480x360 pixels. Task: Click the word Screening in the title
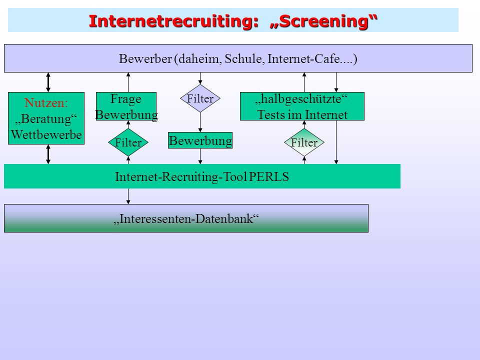point(323,21)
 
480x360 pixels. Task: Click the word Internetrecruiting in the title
point(174,21)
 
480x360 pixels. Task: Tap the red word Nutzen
point(46,103)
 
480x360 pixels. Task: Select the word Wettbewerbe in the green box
point(46,134)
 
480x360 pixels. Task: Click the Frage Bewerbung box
point(126,106)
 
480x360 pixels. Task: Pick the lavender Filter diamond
point(200,98)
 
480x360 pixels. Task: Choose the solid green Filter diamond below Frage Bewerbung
point(128,142)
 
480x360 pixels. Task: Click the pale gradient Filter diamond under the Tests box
point(304,142)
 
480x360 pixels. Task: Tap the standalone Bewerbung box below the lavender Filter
point(200,140)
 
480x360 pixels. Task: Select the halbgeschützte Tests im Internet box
point(302,106)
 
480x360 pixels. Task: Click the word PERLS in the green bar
point(269,177)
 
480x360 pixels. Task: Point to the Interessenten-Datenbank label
point(186,218)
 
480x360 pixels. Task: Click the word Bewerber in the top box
point(145,58)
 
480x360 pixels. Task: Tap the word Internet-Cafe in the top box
point(303,58)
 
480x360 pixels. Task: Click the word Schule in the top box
point(244,58)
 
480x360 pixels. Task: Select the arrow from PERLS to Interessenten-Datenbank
point(128,196)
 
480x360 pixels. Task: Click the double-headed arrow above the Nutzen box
point(48,82)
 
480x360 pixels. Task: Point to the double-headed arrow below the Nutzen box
point(48,154)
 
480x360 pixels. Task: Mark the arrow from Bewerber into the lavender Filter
point(200,78)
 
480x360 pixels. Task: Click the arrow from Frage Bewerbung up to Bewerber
point(128,82)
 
